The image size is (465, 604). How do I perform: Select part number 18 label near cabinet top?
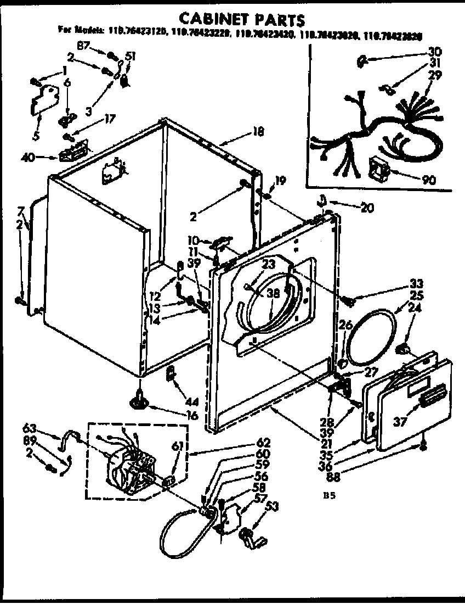pos(258,131)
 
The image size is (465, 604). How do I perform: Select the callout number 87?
pos(83,46)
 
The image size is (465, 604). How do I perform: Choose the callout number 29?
pos(435,75)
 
